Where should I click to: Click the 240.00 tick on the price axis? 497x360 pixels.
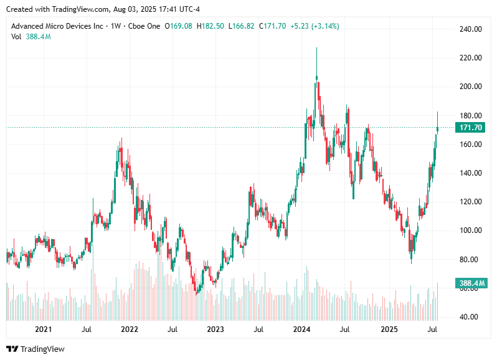471,29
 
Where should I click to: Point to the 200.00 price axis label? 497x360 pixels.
471,87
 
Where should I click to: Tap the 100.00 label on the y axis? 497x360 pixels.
471,230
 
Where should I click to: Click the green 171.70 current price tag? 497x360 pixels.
471,128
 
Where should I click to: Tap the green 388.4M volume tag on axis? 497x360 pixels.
471,283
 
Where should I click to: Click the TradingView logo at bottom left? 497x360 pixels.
35,349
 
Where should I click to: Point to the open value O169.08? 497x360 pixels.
179,26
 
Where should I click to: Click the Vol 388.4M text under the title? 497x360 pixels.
31,37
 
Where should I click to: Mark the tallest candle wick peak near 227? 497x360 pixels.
316,48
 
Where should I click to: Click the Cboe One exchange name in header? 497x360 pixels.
144,26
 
